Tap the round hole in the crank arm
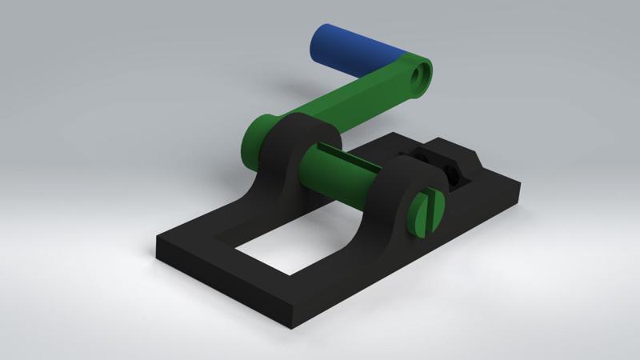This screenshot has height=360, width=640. point(419,77)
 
